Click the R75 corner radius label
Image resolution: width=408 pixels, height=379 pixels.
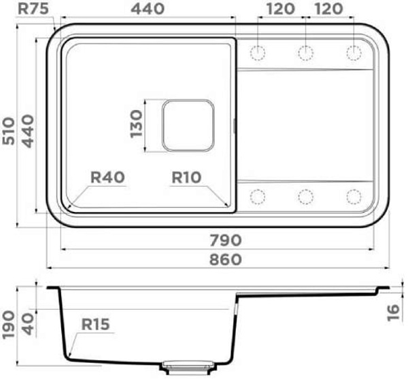pyautogui.click(x=33, y=9)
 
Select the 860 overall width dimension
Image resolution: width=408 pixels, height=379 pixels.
pyautogui.click(x=226, y=259)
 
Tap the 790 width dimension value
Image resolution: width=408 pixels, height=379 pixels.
pyautogui.click(x=226, y=240)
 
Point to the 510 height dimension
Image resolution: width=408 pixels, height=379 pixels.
pyautogui.click(x=8, y=131)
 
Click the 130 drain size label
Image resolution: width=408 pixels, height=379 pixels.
pyautogui.click(x=137, y=124)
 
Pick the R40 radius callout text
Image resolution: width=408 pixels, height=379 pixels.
pyautogui.click(x=107, y=177)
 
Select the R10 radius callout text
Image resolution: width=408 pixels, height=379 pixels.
pyautogui.click(x=186, y=177)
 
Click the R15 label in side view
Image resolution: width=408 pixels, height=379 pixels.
pyautogui.click(x=95, y=325)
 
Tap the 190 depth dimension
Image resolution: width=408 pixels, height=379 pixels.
pyautogui.click(x=8, y=325)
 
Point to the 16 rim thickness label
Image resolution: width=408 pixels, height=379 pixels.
pyautogui.click(x=393, y=312)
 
